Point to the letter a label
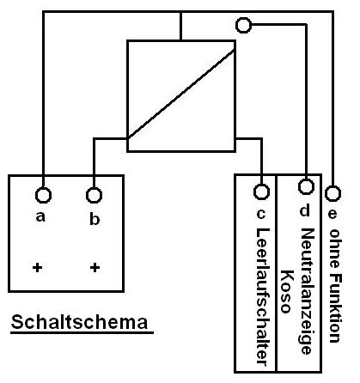point(40,216)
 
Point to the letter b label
point(95,219)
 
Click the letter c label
point(260,214)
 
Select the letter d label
point(304,210)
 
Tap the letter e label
point(332,214)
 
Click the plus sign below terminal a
point(37,268)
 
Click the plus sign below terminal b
point(95,268)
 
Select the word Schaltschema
point(80,322)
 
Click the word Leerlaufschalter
point(262,297)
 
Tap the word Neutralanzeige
point(307,291)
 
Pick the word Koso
point(285,291)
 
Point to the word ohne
point(333,248)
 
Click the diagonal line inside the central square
point(181,94)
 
